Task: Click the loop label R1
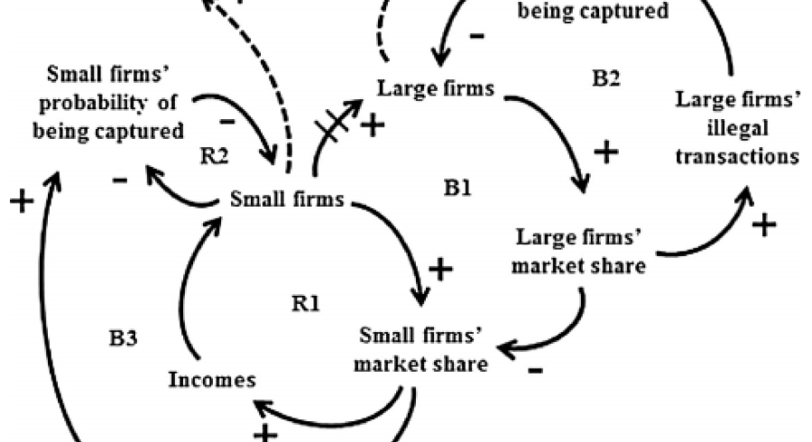pos(305,303)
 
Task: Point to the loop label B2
pos(605,78)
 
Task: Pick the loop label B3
pos(125,340)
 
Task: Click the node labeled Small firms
pos(287,198)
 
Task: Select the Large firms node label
pos(436,88)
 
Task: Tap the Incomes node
pos(212,379)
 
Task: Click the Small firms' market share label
pos(420,351)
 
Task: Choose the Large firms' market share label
pos(580,253)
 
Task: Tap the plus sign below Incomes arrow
pos(264,433)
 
